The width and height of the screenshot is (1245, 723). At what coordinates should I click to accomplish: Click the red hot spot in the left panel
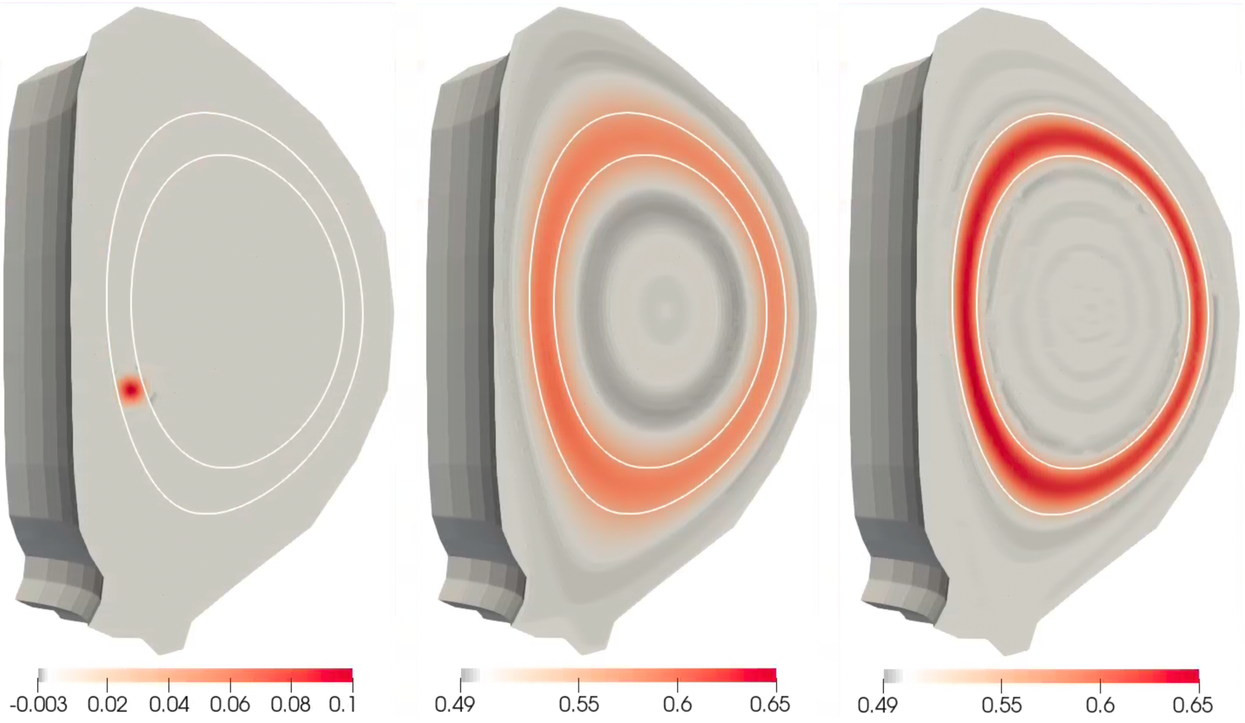[131, 390]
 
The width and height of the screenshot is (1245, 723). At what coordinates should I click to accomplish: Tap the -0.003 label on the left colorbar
[39, 705]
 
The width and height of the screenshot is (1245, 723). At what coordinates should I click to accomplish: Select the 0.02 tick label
[108, 705]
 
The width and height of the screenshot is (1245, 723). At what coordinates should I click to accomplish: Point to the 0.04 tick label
[169, 705]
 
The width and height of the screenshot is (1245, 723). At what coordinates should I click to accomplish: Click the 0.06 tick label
[230, 705]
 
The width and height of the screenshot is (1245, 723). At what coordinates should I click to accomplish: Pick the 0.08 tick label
[291, 705]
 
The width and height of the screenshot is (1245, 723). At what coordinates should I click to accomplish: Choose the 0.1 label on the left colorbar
[342, 705]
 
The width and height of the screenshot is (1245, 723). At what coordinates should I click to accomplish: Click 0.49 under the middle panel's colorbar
[455, 705]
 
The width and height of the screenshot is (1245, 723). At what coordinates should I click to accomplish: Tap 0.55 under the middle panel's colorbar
[579, 705]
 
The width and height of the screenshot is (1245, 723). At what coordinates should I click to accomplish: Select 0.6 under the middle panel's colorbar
[678, 705]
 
